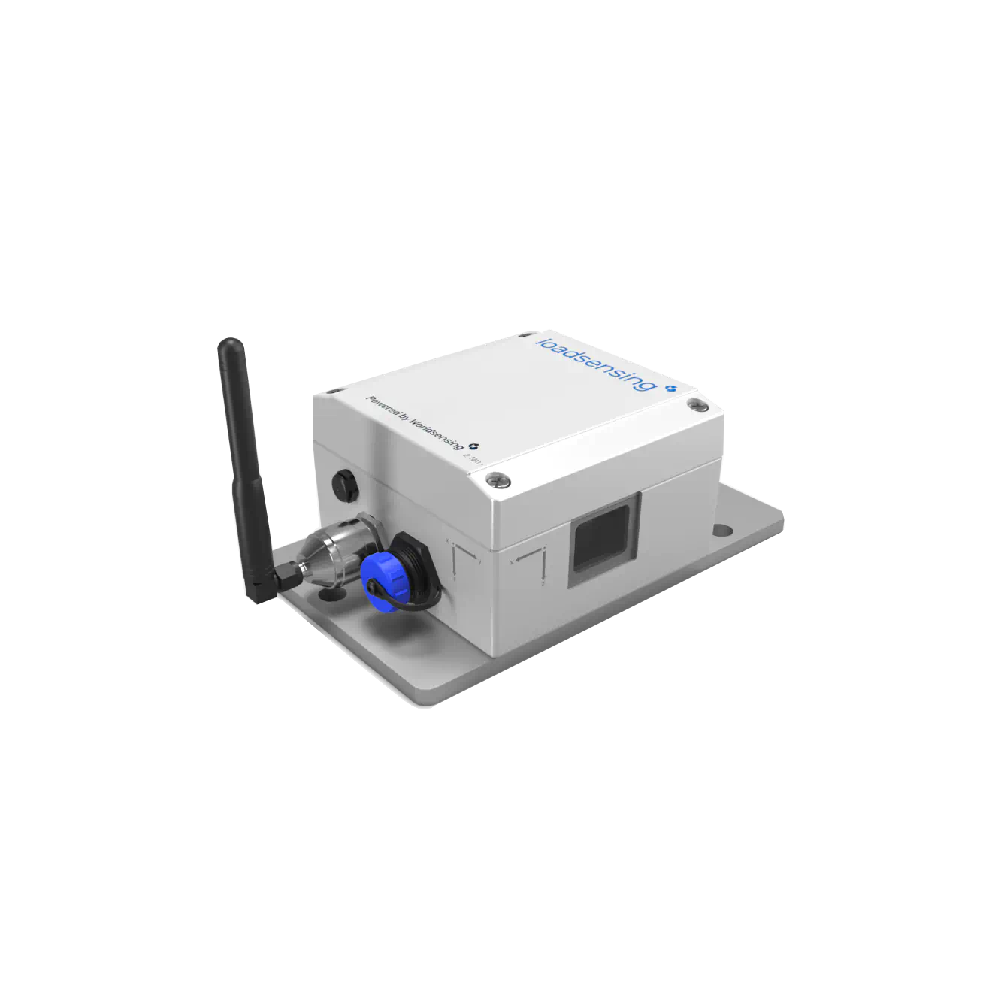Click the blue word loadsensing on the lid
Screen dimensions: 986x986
(594, 362)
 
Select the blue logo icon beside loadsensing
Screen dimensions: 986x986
(671, 389)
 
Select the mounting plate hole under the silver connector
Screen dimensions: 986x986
(331, 594)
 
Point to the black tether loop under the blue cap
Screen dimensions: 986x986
(407, 597)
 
